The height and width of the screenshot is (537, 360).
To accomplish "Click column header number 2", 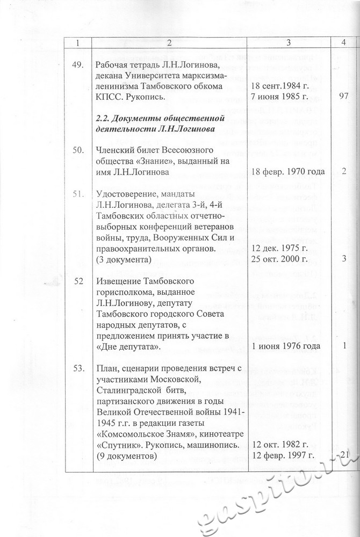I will [x=169, y=42].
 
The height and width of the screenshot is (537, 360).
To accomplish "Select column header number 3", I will [x=289, y=42].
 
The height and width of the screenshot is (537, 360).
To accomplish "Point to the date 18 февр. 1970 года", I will [x=287, y=172].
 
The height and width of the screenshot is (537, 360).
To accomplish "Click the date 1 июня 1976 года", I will [x=286, y=346].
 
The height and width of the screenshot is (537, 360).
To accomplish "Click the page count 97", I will [x=345, y=97].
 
